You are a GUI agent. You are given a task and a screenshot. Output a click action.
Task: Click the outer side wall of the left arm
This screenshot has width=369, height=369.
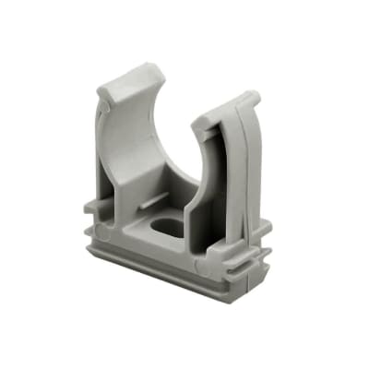[x=104, y=148]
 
